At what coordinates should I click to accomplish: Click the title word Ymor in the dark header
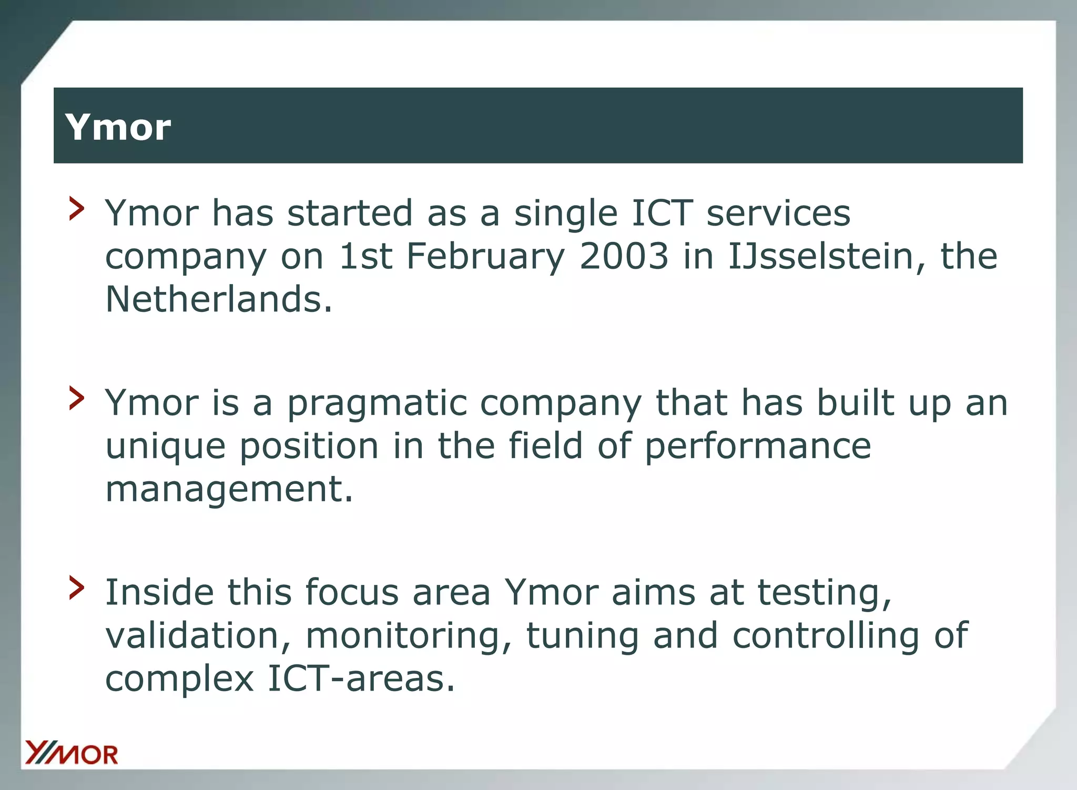(x=118, y=127)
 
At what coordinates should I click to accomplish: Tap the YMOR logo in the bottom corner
(x=72, y=753)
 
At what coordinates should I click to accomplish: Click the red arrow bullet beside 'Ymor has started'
(x=77, y=209)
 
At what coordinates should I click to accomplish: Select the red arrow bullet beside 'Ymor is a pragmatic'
(x=77, y=398)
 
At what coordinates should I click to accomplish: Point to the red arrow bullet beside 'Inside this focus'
(x=77, y=588)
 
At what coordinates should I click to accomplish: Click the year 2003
(x=624, y=256)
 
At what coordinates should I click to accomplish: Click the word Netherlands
(x=219, y=299)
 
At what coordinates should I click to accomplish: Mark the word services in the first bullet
(x=778, y=214)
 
